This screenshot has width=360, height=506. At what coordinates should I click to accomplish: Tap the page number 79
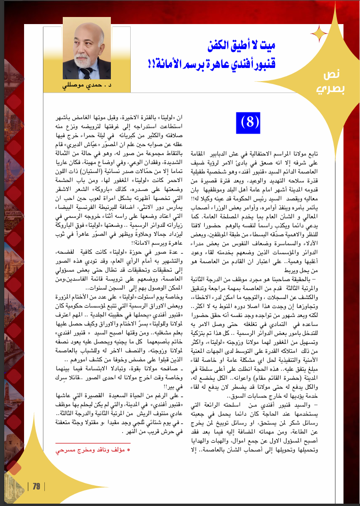[36, 487]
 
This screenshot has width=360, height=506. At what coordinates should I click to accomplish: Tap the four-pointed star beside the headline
[320, 33]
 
